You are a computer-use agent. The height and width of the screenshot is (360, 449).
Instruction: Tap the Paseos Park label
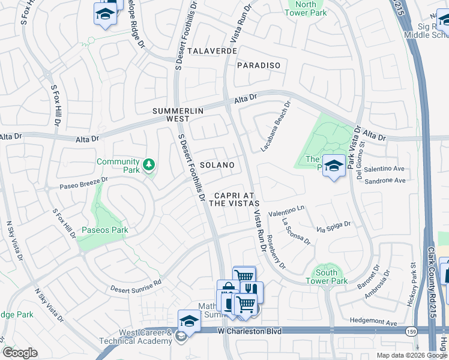click(105, 230)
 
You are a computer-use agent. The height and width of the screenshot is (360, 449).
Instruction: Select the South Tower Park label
click(327, 277)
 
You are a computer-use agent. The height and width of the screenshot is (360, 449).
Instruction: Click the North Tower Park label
click(306, 8)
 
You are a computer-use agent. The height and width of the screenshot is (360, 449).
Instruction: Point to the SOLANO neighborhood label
click(217, 164)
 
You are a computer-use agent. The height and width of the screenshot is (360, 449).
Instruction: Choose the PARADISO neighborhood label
click(259, 65)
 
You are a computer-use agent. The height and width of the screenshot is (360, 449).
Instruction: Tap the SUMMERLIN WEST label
click(178, 115)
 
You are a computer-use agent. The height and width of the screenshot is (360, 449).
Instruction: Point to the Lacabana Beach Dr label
click(276, 125)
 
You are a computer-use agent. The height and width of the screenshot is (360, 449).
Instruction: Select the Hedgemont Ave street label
click(374, 323)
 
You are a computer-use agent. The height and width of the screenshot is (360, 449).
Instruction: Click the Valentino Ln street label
click(287, 211)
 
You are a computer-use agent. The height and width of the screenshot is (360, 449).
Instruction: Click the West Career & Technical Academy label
click(145, 337)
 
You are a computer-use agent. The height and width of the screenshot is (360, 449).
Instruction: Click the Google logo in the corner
click(20, 353)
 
